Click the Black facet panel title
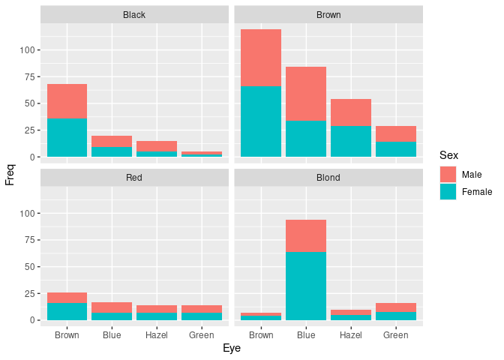[134, 14]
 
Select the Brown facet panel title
[328, 14]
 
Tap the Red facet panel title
[134, 178]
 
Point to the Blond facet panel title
[328, 178]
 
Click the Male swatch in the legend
[448, 175]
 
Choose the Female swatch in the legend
[448, 192]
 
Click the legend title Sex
[448, 155]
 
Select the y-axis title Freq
[10, 174]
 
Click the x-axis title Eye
[231, 349]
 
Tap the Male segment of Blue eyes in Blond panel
[306, 235]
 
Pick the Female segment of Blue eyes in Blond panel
[306, 286]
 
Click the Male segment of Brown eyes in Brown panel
[261, 58]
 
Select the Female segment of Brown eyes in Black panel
[67, 137]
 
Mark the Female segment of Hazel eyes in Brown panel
[350, 141]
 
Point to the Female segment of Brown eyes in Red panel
[67, 311]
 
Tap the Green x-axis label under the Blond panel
[395, 335]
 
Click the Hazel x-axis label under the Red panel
[157, 335]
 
